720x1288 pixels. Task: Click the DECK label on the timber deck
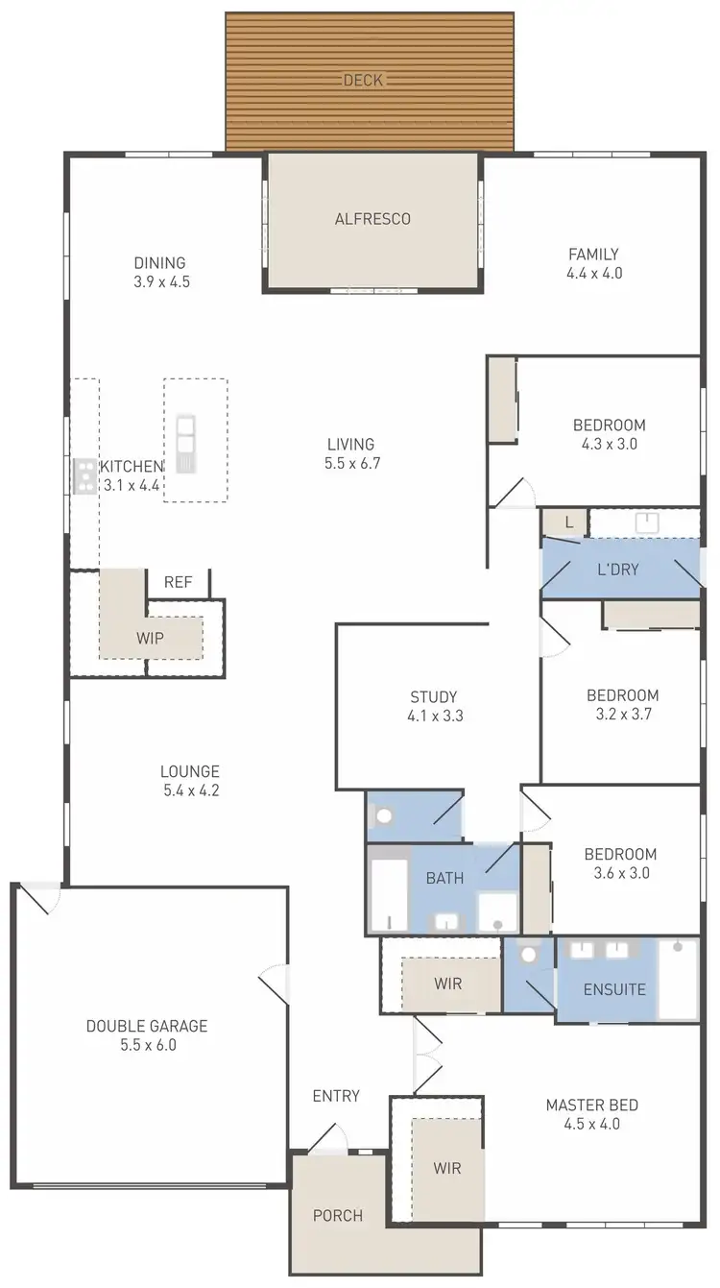364,80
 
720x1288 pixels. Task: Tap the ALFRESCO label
372,219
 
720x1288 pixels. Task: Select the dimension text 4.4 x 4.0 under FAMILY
593,274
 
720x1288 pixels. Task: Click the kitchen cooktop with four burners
84,475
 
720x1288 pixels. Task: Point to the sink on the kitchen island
185,443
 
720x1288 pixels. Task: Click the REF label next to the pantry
178,582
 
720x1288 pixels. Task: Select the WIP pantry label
150,638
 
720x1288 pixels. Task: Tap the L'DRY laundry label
617,570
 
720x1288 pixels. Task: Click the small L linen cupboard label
569,522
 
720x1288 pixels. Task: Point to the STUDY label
434,696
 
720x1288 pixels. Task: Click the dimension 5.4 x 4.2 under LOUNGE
190,791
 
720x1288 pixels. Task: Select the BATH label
444,878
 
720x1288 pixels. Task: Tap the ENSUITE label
614,989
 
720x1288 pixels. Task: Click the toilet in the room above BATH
385,817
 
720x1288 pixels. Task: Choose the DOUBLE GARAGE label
146,1026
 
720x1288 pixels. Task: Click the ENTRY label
336,1096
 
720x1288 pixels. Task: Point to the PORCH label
338,1215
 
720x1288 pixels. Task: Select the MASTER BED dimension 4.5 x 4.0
591,1125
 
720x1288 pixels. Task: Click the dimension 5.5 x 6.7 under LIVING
349,464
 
